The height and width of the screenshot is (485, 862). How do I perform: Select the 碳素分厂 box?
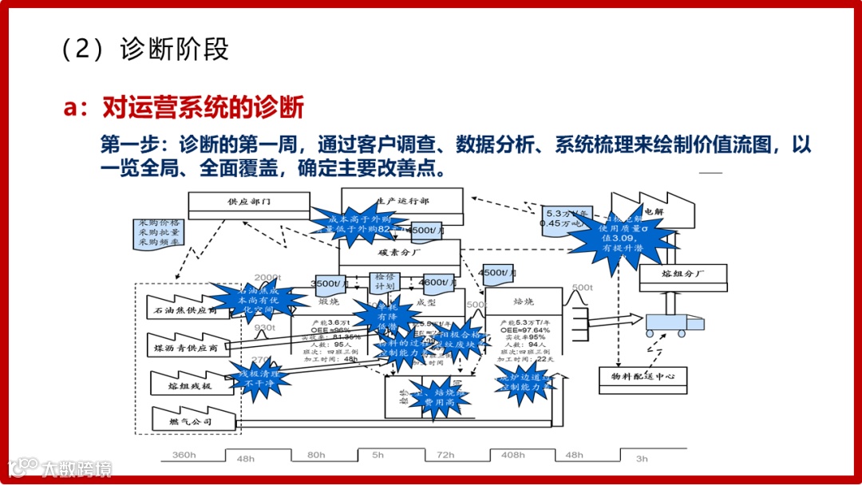point(399,252)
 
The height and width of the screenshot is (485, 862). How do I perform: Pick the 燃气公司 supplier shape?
point(192,420)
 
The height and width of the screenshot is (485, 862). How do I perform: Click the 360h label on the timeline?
point(184,455)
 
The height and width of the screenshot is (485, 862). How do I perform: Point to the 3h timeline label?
point(642,459)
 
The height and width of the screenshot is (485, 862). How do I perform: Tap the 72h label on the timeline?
point(445,455)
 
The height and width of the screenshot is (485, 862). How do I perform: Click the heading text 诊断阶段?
point(175,49)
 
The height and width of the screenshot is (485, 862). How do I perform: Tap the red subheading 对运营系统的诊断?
point(203,108)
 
